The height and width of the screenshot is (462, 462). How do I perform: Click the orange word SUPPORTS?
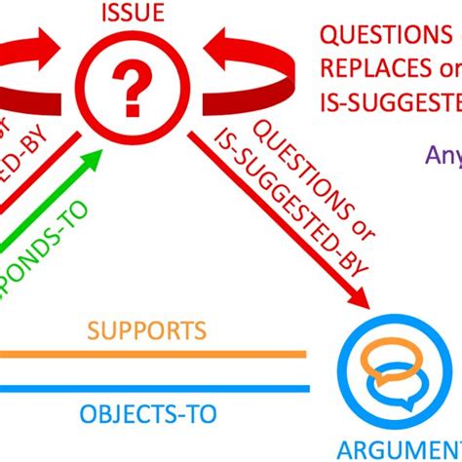[x=146, y=329]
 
